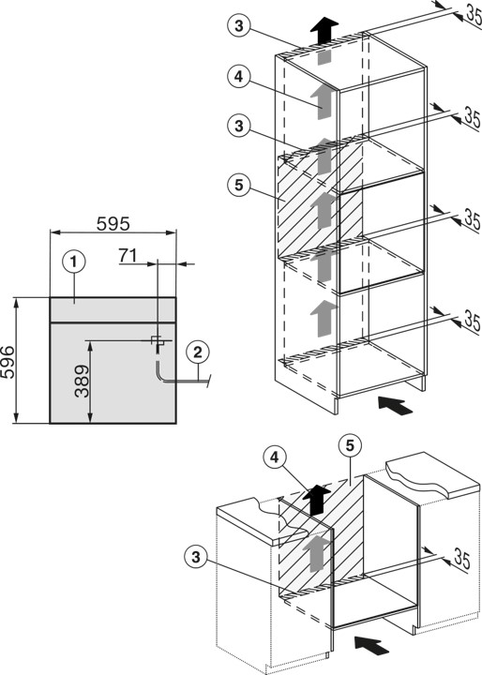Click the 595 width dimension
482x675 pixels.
(112, 224)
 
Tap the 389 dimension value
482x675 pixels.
(83, 381)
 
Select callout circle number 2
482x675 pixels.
(196, 353)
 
